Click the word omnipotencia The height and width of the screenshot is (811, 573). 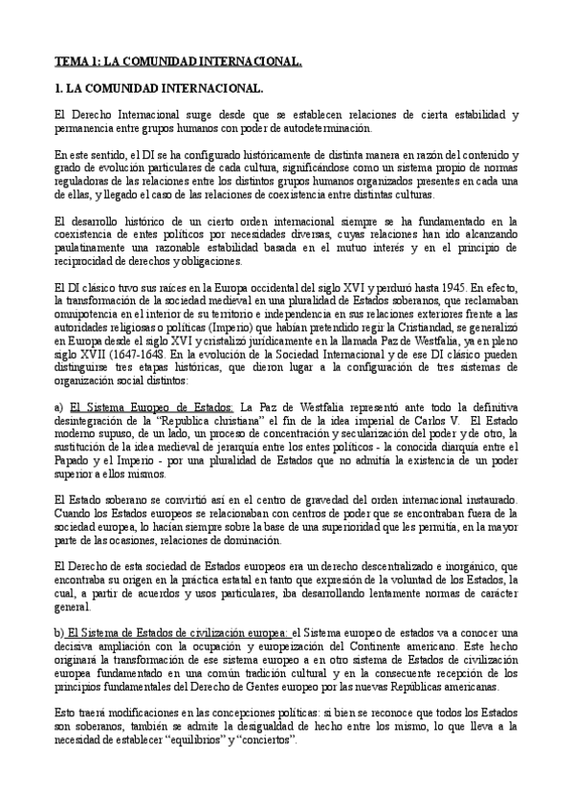(89, 312)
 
